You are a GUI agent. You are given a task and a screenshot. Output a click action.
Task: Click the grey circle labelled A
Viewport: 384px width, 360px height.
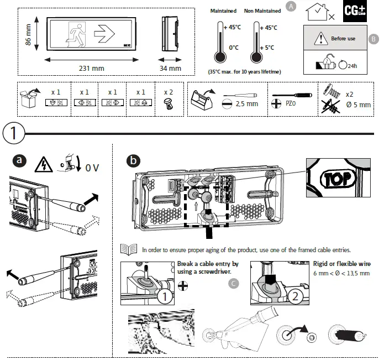coord(292,7)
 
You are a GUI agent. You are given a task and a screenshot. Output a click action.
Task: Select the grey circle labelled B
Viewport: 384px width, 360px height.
coord(374,39)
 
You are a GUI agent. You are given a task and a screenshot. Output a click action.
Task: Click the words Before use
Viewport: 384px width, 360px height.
coord(343,39)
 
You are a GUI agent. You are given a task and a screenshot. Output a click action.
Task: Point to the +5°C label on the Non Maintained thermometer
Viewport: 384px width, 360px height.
coord(269,48)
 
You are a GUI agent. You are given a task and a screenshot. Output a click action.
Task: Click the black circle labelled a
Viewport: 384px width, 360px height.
coord(20,160)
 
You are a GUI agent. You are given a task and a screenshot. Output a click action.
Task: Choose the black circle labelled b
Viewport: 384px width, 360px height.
coord(133,160)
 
